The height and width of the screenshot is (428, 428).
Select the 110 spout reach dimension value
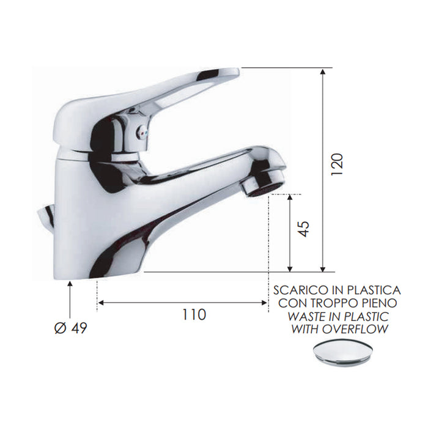(194, 315)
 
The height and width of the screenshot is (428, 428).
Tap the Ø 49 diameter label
(71, 328)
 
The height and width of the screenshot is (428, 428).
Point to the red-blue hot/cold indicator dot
(142, 133)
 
